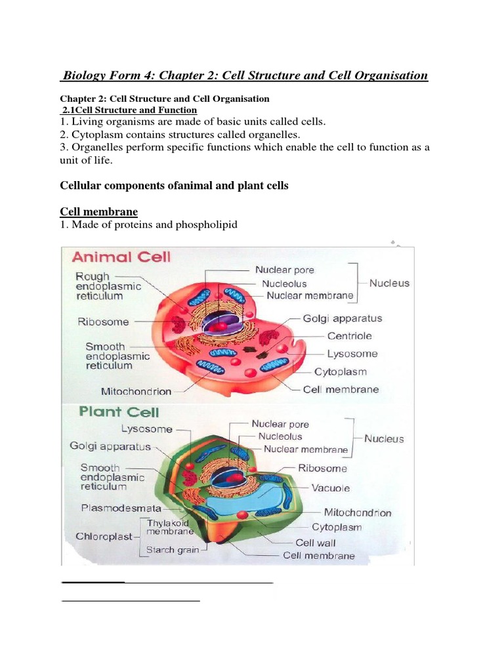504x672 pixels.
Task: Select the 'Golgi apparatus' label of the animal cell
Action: pyautogui.click(x=342, y=318)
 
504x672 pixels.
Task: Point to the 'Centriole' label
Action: pyautogui.click(x=349, y=336)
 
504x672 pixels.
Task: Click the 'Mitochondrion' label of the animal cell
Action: pyautogui.click(x=136, y=391)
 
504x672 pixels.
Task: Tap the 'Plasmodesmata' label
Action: pyautogui.click(x=121, y=507)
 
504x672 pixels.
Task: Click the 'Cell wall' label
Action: pyautogui.click(x=316, y=543)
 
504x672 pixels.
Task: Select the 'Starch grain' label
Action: pyautogui.click(x=169, y=550)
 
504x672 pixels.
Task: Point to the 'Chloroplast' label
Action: pyautogui.click(x=104, y=535)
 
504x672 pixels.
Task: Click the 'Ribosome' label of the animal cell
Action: pyautogui.click(x=103, y=322)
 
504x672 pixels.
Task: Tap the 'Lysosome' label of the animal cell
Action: pyautogui.click(x=353, y=354)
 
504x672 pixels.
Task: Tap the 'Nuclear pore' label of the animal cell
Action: pyautogui.click(x=285, y=270)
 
